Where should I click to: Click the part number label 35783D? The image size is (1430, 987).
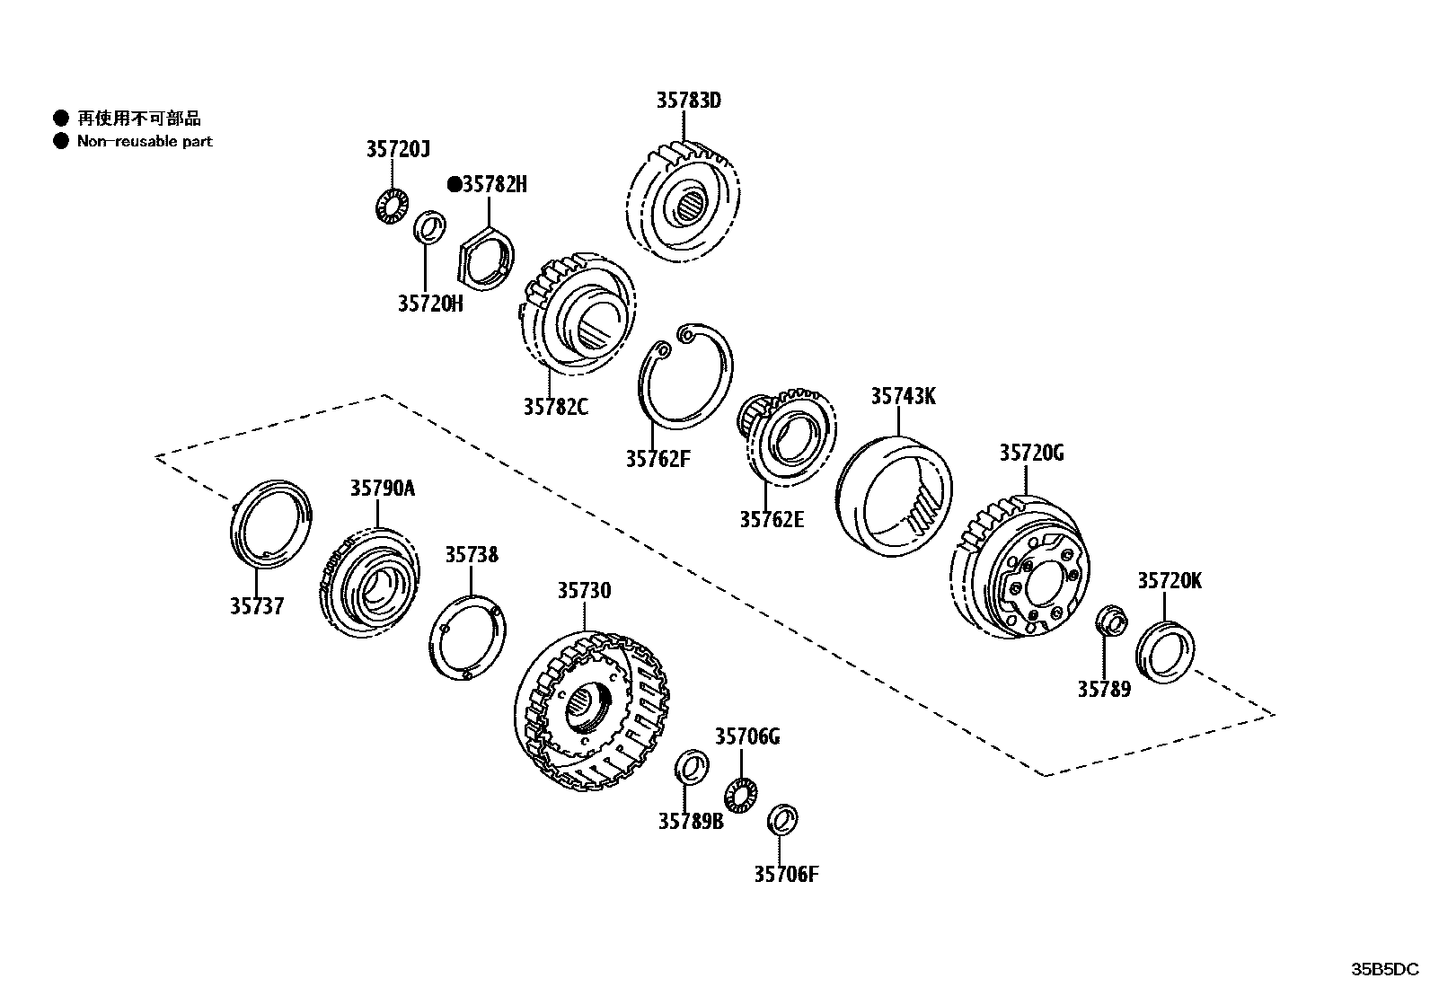[688, 101]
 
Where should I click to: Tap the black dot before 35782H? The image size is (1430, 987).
[455, 185]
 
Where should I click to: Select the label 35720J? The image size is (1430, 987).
[398, 149]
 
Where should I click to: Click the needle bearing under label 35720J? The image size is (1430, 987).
[391, 207]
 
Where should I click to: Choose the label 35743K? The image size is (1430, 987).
[903, 396]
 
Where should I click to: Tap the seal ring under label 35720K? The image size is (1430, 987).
[1166, 652]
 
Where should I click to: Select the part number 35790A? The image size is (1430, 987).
[383, 489]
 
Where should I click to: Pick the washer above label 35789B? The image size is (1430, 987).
[690, 767]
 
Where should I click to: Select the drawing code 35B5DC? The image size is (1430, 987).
[1385, 970]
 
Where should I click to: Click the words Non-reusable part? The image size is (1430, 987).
[145, 141]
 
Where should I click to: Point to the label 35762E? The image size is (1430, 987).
[772, 519]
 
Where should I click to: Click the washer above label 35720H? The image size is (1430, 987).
[430, 226]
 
